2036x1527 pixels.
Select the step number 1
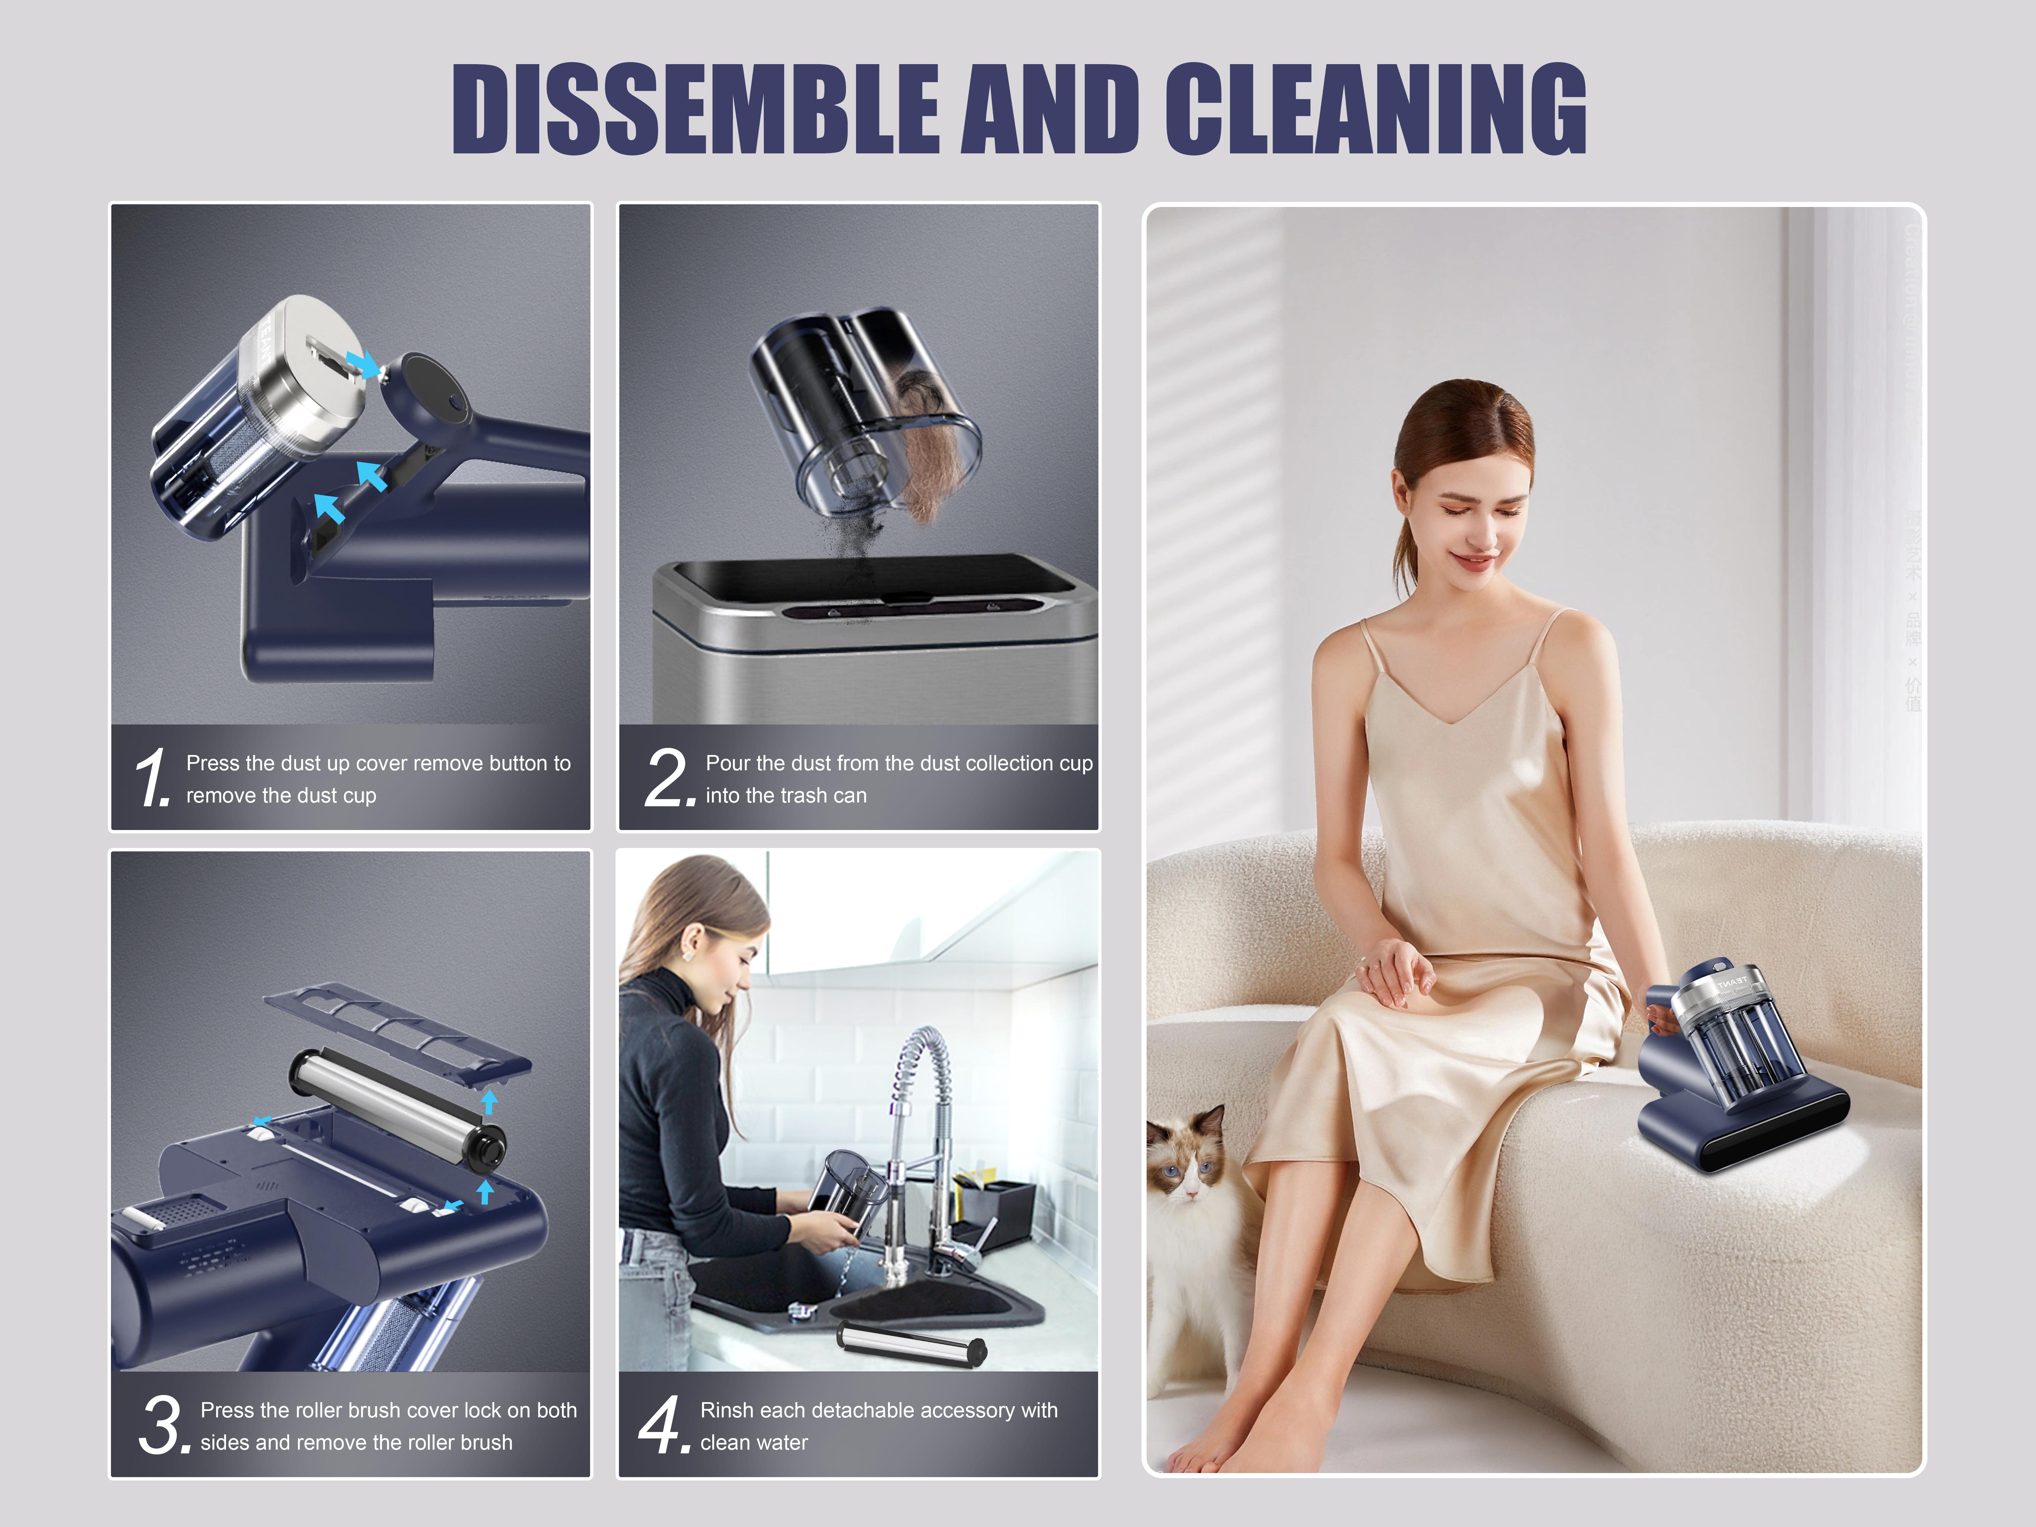click(152, 778)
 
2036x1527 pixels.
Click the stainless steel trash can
click(874, 644)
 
